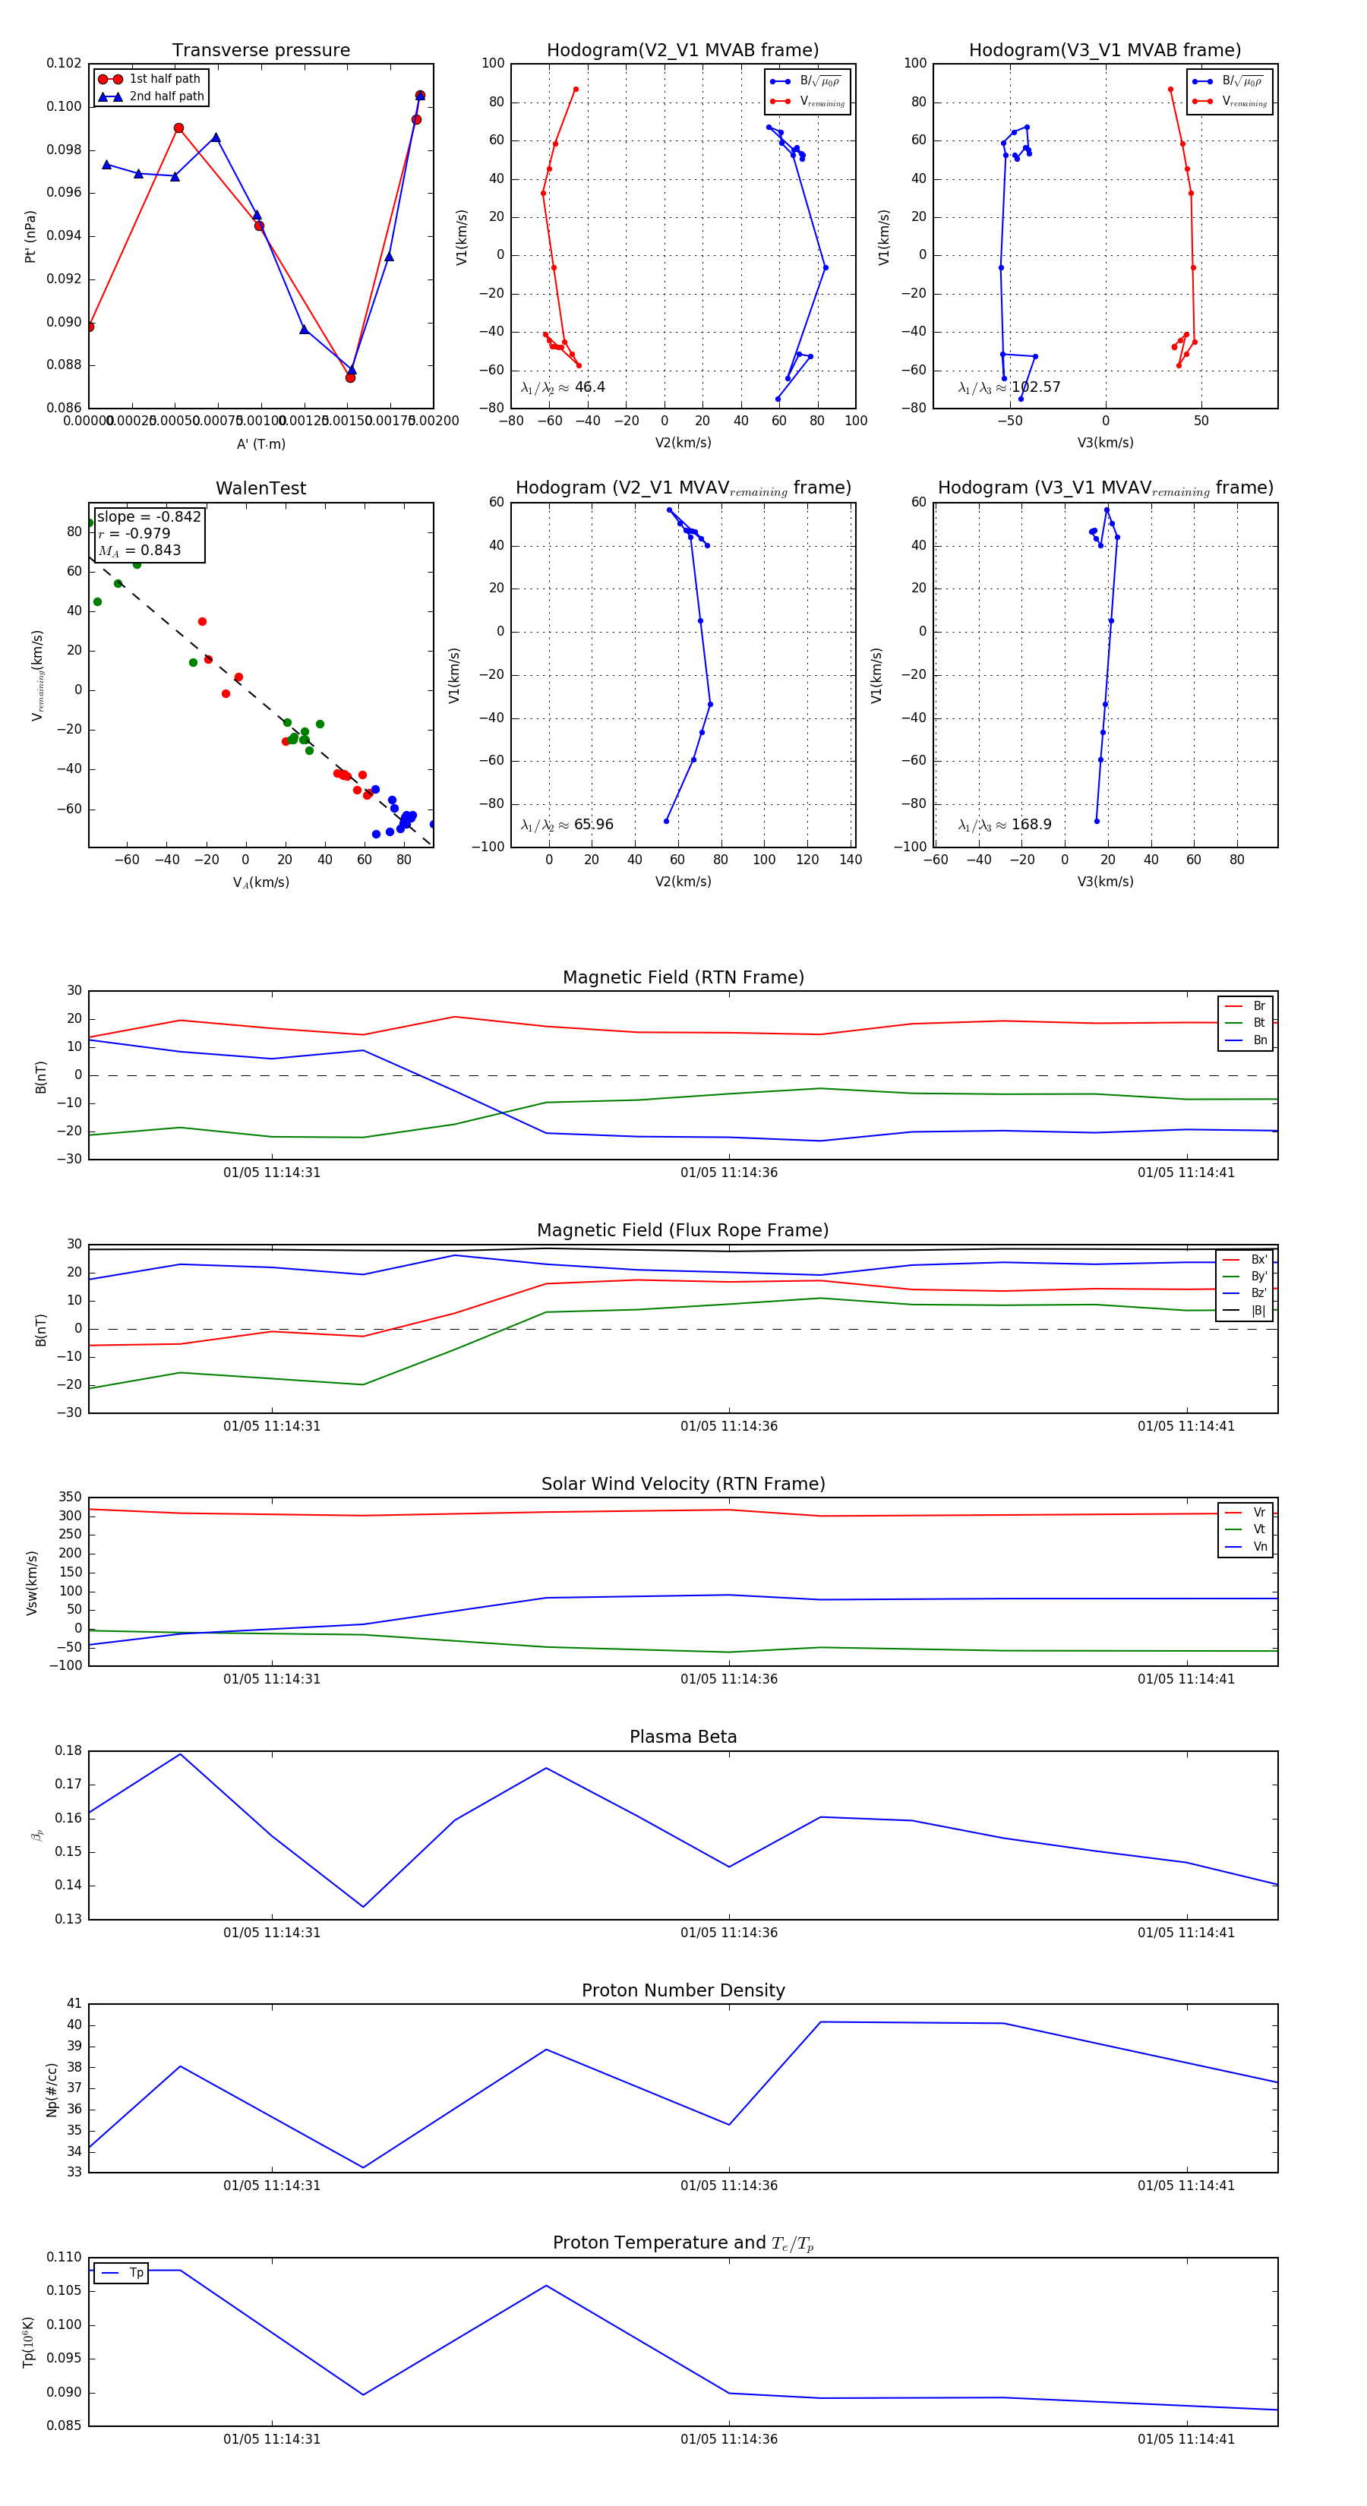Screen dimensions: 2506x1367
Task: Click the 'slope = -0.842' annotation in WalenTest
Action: tap(149, 516)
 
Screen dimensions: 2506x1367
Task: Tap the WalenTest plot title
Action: tap(260, 488)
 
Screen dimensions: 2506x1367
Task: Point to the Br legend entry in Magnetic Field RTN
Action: tap(1258, 1006)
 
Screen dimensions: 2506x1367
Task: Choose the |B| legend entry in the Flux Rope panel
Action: tap(1258, 1311)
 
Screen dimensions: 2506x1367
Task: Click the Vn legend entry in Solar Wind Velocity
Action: tap(1259, 1547)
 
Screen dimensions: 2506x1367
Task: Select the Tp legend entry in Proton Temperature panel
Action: tap(135, 2273)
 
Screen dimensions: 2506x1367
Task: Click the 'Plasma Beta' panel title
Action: tap(683, 1737)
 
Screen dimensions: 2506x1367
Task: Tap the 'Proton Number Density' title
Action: tap(683, 1990)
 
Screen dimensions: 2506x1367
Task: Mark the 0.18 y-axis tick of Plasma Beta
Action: tap(68, 1750)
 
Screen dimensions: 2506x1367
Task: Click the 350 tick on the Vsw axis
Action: tap(70, 1498)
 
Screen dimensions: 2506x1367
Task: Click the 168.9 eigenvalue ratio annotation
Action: tap(1031, 825)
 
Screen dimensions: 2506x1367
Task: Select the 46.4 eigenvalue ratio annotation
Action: tap(589, 387)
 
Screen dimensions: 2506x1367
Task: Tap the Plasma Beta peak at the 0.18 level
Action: tap(180, 1754)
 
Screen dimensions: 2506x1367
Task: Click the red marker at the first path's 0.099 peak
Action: tap(179, 128)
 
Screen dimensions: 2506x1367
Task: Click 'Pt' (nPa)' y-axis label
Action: tap(30, 236)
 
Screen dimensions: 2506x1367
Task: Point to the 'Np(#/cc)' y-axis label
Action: tap(52, 2090)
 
